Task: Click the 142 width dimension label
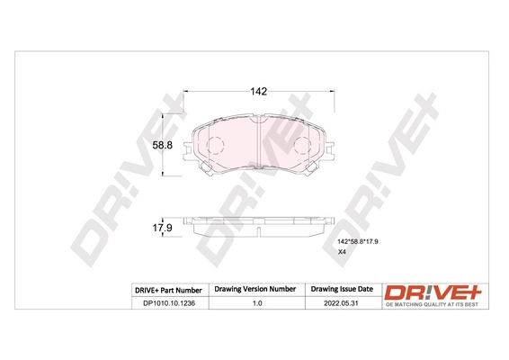(x=258, y=91)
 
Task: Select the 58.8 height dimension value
(x=161, y=144)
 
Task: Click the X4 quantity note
(x=341, y=254)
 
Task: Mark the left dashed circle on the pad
(x=214, y=144)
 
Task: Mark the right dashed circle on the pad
(x=301, y=144)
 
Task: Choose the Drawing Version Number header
(x=254, y=289)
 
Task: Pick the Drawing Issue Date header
(x=341, y=289)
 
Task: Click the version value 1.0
(x=254, y=304)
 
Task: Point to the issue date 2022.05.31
(x=341, y=304)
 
